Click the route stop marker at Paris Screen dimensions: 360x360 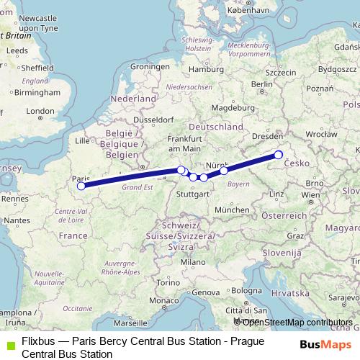click(x=81, y=186)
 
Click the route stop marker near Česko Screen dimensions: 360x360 click(x=278, y=155)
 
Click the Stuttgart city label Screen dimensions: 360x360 click(x=192, y=194)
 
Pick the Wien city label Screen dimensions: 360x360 click(x=311, y=194)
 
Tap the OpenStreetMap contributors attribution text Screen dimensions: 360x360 click(x=297, y=322)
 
